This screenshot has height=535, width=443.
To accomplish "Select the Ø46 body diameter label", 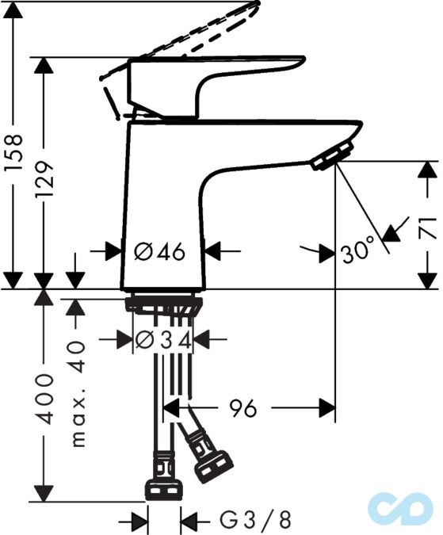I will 160,252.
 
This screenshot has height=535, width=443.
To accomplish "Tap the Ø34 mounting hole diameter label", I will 162,340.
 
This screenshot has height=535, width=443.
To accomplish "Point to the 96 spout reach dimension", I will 243,409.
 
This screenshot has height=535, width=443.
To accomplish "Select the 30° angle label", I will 357,253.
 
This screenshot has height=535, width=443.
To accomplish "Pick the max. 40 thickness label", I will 77,394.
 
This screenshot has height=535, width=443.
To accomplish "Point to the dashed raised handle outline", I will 198,32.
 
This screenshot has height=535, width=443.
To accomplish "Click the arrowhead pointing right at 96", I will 327,409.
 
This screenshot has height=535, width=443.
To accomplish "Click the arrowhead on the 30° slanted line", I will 391,232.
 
